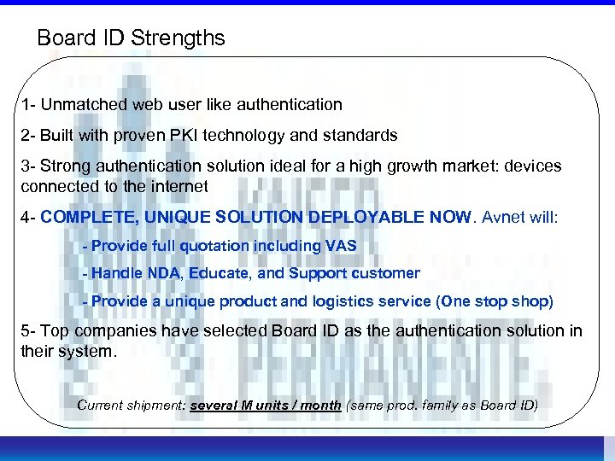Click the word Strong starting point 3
pos(67,166)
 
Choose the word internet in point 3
pos(180,186)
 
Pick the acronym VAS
pos(341,246)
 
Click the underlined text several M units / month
pos(266,405)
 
